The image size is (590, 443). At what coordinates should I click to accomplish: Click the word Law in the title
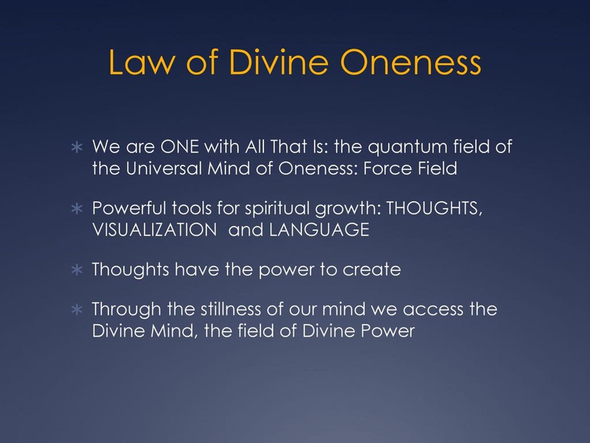pos(142,62)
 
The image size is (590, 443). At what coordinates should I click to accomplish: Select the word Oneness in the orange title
pos(411,62)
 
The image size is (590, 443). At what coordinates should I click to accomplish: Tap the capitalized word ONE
pos(179,146)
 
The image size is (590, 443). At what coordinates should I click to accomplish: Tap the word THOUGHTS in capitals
pos(434,208)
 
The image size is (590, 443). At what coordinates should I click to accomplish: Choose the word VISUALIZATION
pos(154,230)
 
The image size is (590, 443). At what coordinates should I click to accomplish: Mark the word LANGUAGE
pos(319,230)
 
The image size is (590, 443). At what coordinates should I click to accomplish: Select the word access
pos(433,310)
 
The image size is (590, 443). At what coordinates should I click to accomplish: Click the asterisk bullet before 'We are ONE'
pos(77,147)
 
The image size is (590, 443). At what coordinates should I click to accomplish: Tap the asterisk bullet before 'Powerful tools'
pos(77,208)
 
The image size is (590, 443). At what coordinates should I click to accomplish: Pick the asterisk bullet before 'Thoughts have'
pos(77,270)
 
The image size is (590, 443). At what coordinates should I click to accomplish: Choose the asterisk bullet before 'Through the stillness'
pos(77,310)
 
